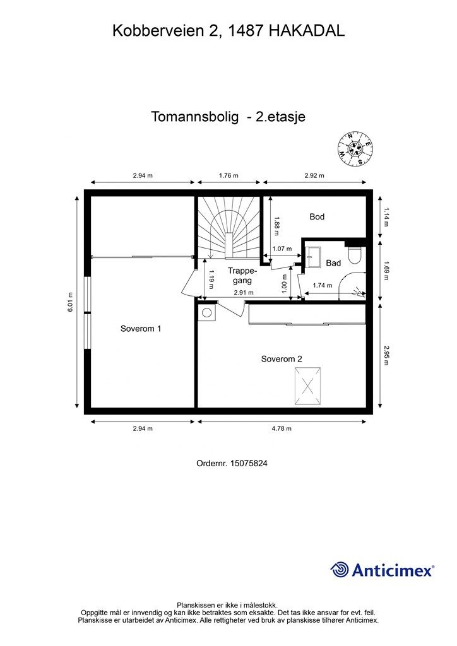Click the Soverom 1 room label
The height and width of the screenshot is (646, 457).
pyautogui.click(x=141, y=329)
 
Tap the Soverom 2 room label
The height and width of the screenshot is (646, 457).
pyautogui.click(x=282, y=358)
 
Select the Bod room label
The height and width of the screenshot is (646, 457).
pyautogui.click(x=317, y=216)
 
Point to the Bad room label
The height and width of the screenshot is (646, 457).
pyautogui.click(x=333, y=263)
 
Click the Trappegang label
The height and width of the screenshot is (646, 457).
pyautogui.click(x=240, y=274)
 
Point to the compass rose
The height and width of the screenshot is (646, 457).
pyautogui.click(x=354, y=149)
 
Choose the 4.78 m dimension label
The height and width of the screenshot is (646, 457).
pyautogui.click(x=282, y=428)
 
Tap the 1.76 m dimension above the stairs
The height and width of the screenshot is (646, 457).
pyautogui.click(x=228, y=175)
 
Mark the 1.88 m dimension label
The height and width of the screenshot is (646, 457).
pyautogui.click(x=276, y=225)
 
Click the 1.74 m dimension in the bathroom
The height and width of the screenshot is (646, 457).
pyautogui.click(x=322, y=286)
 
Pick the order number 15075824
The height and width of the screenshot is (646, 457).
pyautogui.click(x=232, y=463)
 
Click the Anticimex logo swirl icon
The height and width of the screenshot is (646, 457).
pyautogui.click(x=340, y=570)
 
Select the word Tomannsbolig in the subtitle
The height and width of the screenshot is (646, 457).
pyautogui.click(x=195, y=117)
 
